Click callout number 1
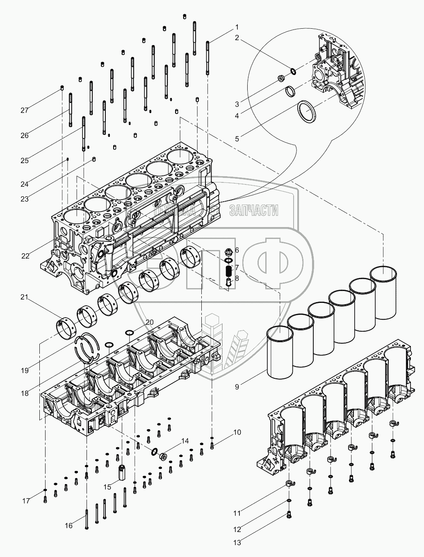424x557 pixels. [237, 27]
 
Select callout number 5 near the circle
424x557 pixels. [237, 139]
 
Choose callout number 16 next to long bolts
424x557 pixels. [69, 525]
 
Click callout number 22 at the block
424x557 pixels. [25, 256]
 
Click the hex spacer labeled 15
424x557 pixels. [122, 473]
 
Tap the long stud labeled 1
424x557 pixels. [208, 57]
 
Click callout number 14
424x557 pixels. [185, 441]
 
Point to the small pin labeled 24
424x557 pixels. [68, 159]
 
